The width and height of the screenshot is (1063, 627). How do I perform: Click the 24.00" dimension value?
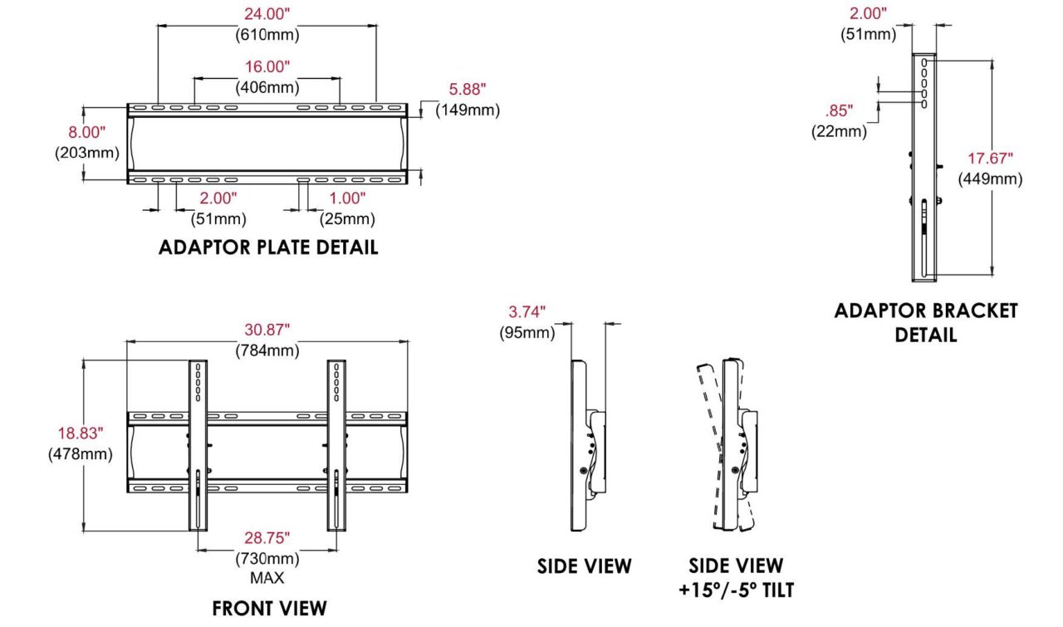(x=267, y=14)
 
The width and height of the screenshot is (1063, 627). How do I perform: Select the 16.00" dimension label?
(x=267, y=67)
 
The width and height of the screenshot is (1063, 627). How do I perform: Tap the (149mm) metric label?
(x=468, y=110)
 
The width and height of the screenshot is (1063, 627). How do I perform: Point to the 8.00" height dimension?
(x=87, y=132)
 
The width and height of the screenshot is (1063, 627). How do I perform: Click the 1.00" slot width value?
(x=347, y=198)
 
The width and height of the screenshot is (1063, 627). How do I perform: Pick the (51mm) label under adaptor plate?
(x=218, y=218)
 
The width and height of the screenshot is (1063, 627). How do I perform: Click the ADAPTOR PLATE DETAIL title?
(x=268, y=247)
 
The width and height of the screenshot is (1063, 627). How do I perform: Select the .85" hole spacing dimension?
(x=839, y=110)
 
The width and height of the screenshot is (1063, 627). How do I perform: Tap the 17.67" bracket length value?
(x=991, y=158)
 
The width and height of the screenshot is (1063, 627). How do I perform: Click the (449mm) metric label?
(x=991, y=179)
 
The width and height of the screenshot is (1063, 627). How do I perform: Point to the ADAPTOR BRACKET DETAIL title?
(x=926, y=323)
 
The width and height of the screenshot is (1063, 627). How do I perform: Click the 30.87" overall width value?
(x=267, y=330)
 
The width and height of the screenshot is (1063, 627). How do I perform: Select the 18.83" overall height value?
(x=81, y=433)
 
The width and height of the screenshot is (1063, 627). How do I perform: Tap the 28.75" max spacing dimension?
(x=267, y=538)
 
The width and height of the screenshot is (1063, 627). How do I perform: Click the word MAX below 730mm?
(x=267, y=578)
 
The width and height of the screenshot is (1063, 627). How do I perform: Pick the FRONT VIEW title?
(x=269, y=609)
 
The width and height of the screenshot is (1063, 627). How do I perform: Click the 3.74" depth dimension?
(x=527, y=311)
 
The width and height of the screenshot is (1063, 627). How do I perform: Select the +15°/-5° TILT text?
(x=736, y=590)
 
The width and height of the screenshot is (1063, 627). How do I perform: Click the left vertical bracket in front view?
(x=198, y=445)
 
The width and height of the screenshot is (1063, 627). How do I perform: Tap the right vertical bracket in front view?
(x=336, y=445)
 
